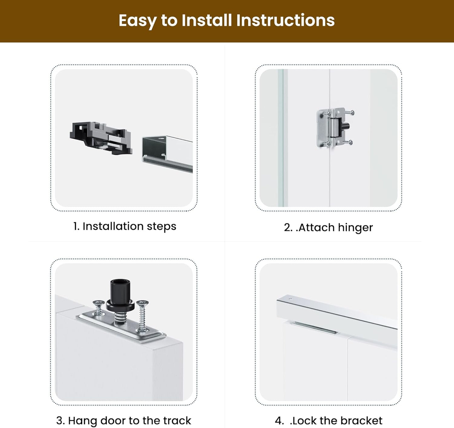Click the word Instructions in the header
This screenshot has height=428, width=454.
(285, 20)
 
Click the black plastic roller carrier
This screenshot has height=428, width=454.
(101, 138)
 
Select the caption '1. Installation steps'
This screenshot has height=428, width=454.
(125, 226)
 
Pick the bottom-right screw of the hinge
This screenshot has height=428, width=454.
(348, 143)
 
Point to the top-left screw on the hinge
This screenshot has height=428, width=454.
(326, 113)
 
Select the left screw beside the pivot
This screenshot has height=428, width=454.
(99, 307)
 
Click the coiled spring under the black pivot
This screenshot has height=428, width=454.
(120, 318)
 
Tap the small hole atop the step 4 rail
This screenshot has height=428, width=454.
(290, 299)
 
